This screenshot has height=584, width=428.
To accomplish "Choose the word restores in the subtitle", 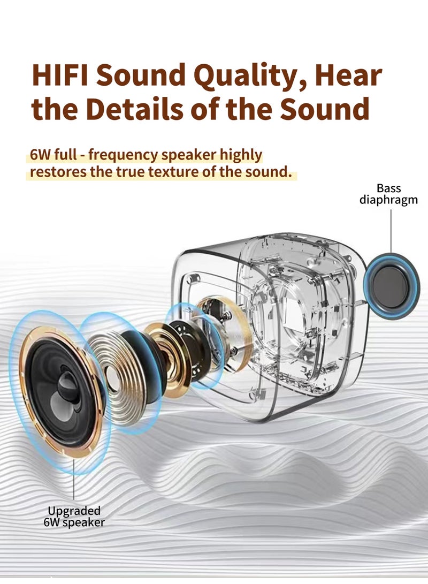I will [53, 172].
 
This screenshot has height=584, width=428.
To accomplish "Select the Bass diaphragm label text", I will [388, 194].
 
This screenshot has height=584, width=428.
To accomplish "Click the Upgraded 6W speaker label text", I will [74, 517].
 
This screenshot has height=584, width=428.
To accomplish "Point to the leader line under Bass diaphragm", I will [391, 230].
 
